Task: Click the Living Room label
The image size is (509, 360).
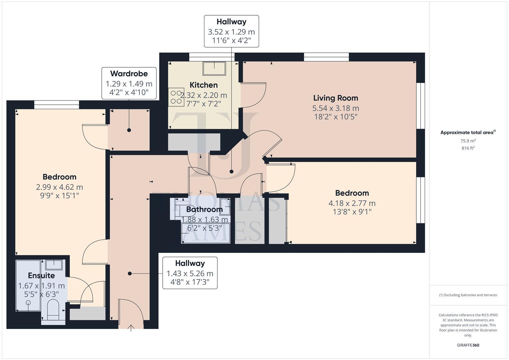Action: click(335, 98)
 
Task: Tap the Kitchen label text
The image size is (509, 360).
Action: click(203, 85)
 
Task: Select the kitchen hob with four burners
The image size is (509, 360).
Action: click(176, 97)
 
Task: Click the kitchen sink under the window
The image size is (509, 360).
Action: click(214, 68)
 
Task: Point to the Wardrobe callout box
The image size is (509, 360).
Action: click(129, 83)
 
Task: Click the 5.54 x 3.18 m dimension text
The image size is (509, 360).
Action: click(335, 108)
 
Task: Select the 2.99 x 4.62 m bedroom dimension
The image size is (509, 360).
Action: click(59, 187)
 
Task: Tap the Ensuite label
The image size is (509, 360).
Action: click(41, 276)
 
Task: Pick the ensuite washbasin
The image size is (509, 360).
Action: click(54, 265)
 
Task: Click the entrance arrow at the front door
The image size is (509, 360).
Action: click(131, 328)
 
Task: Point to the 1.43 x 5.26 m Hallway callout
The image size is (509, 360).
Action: click(190, 273)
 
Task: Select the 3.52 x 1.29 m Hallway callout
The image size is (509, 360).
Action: click(231, 31)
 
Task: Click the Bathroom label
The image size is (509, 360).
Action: click(204, 209)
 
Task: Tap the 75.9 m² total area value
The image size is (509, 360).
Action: click(468, 141)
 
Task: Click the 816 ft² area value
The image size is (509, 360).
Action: click(468, 148)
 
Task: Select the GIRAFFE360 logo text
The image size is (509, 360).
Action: click(468, 345)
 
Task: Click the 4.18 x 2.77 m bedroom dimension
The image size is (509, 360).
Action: click(352, 203)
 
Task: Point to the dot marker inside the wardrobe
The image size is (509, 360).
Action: click(129, 130)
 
